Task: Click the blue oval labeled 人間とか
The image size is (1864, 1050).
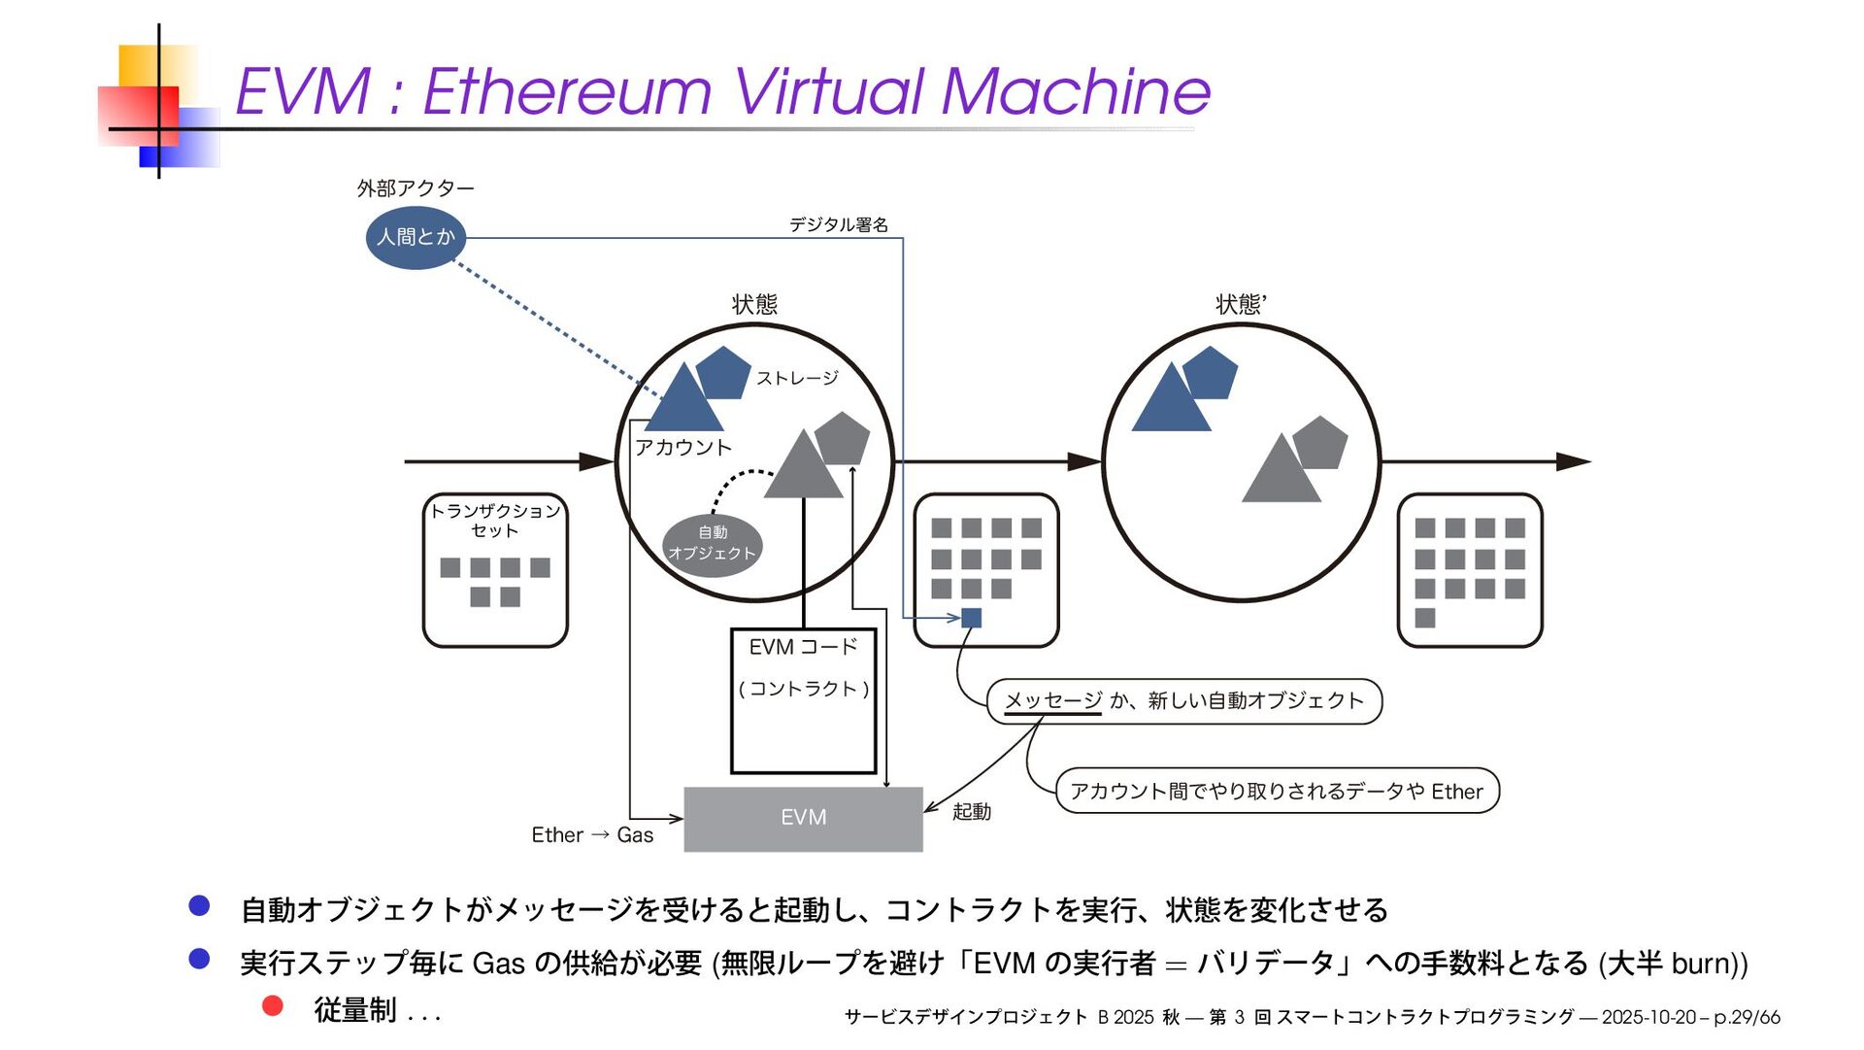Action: [x=416, y=237]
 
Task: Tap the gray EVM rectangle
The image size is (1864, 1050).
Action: [x=803, y=818]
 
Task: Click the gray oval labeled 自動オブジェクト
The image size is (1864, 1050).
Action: [x=712, y=544]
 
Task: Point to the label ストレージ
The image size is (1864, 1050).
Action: [x=797, y=378]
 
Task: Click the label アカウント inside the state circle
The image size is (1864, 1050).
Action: [x=682, y=447]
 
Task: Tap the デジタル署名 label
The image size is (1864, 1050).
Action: [x=838, y=224]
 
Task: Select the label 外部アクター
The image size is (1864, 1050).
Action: [x=415, y=187]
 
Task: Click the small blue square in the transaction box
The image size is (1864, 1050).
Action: [x=971, y=618]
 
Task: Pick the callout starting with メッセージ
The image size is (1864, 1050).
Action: [x=1183, y=700]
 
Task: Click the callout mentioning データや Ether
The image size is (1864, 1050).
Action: [x=1276, y=791]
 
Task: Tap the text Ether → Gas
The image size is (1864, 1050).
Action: [x=592, y=834]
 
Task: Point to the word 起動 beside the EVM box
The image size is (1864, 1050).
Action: [x=971, y=811]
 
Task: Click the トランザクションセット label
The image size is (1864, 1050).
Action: [x=494, y=520]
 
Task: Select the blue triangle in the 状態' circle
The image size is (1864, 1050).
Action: [x=1170, y=401]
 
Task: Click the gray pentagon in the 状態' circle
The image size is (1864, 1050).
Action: [x=1321, y=443]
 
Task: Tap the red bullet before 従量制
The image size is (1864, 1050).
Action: [x=273, y=1005]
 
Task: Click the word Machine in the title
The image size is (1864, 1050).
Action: [x=1075, y=91]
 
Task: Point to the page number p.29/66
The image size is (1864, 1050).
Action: [x=1747, y=1017]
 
